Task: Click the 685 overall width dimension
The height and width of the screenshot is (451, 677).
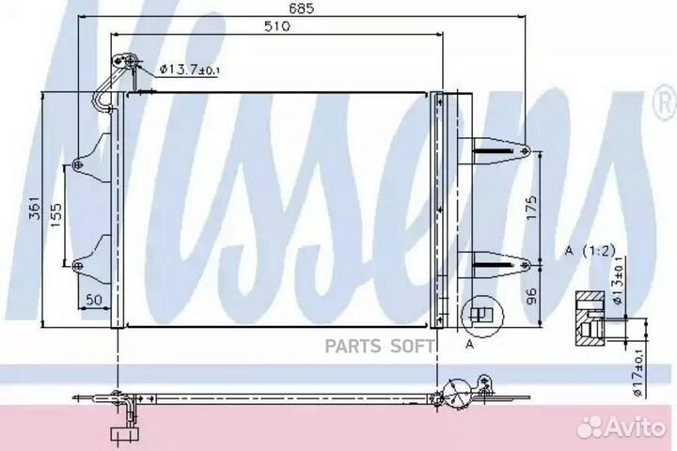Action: [x=301, y=9]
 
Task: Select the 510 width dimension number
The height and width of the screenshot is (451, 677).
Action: [x=276, y=26]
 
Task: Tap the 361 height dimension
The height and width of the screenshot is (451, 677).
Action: [x=35, y=209]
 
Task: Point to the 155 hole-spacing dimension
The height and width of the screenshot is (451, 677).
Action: [x=55, y=215]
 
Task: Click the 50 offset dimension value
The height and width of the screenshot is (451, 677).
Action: [x=94, y=300]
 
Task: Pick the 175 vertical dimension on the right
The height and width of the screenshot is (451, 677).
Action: [x=531, y=208]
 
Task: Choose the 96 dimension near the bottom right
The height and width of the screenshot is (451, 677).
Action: [x=531, y=296]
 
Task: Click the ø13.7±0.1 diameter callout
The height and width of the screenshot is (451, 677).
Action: [x=189, y=69]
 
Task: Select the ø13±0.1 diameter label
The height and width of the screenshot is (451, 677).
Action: [x=618, y=280]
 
